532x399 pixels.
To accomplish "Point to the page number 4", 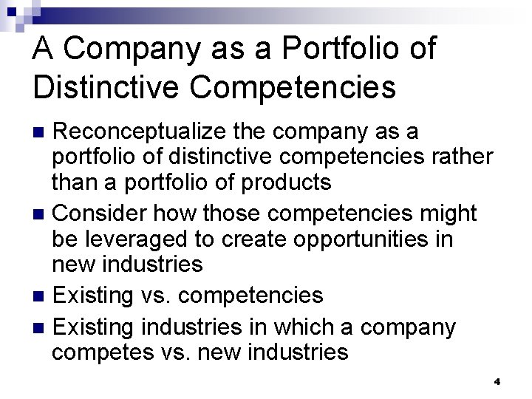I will pos(497,382).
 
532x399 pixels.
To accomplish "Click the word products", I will pos(282,181).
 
